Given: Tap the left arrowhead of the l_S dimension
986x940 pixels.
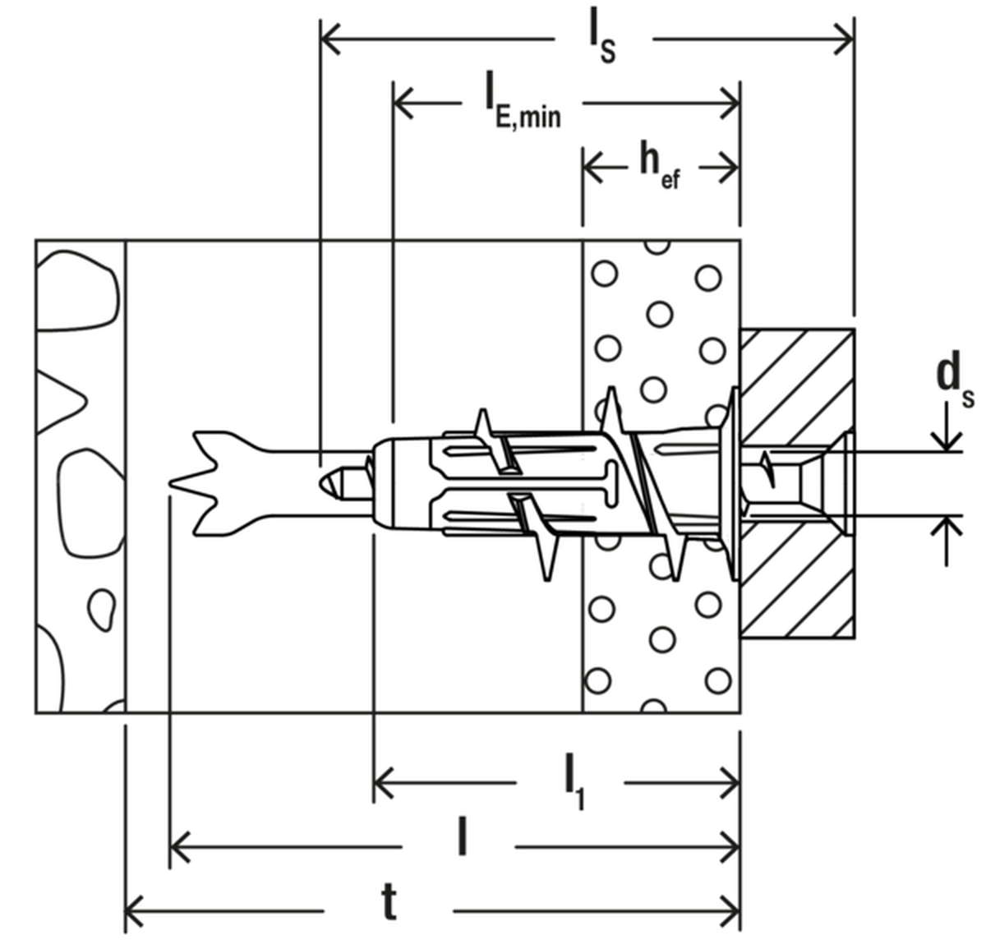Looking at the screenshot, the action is click(331, 39).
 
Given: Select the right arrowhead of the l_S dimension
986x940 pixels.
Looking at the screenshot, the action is click(843, 39).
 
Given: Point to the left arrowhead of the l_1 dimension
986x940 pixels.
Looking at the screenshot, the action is click(383, 783).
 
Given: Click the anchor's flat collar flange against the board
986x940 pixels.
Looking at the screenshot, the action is click(735, 484).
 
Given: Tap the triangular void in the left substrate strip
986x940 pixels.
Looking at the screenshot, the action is click(59, 401).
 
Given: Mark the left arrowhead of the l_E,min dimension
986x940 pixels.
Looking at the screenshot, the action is click(403, 104).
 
